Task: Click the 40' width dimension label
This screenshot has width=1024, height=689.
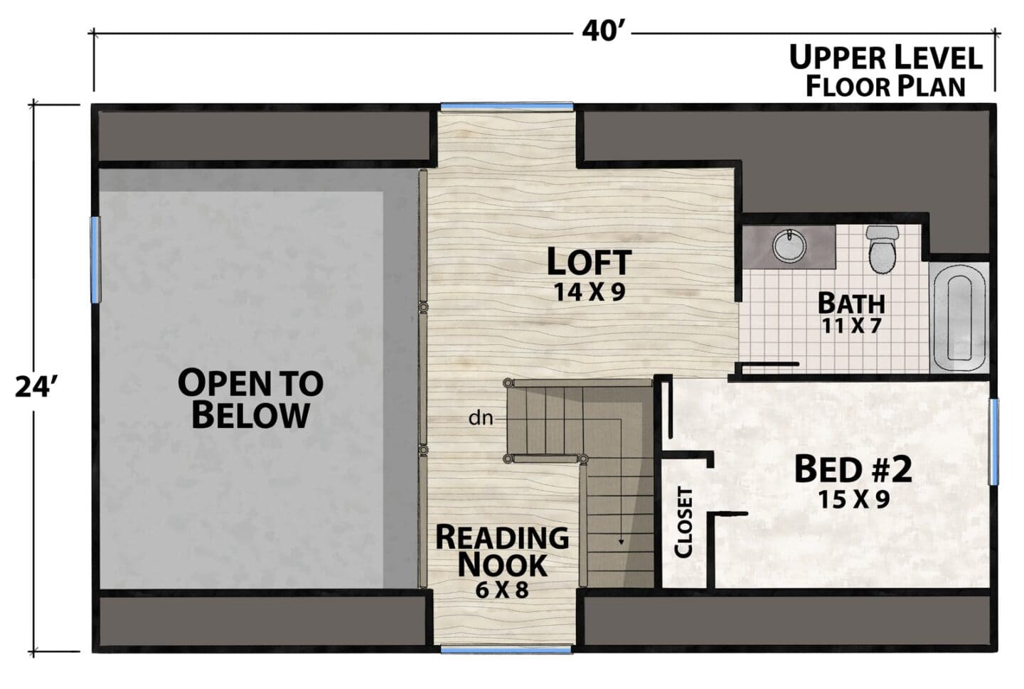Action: click(x=602, y=31)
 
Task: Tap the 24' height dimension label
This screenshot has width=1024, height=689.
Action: click(x=35, y=387)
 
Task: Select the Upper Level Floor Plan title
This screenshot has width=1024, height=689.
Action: click(x=885, y=71)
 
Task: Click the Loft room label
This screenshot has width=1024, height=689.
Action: click(x=590, y=262)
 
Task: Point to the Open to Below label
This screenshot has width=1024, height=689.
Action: click(x=250, y=398)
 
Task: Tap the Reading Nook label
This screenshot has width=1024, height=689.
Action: click(x=502, y=550)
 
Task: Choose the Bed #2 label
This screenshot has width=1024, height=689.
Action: click(x=853, y=469)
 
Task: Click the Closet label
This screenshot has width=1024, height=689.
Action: click(x=683, y=523)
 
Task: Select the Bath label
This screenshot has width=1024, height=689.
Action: click(x=851, y=304)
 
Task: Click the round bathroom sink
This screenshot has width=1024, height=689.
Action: click(x=789, y=246)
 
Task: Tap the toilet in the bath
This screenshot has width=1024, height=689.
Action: click(x=882, y=249)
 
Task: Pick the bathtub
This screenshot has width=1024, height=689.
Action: click(x=959, y=319)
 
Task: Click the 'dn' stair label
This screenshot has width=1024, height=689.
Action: click(x=481, y=418)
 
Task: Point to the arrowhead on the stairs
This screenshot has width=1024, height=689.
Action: click(x=621, y=541)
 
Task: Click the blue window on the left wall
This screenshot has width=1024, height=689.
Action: click(x=95, y=260)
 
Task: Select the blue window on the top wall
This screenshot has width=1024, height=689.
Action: click(x=506, y=107)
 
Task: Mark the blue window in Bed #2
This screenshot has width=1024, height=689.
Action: click(x=994, y=442)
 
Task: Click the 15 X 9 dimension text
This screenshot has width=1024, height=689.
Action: click(x=853, y=499)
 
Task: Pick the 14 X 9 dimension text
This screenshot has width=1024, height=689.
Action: click(x=590, y=292)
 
